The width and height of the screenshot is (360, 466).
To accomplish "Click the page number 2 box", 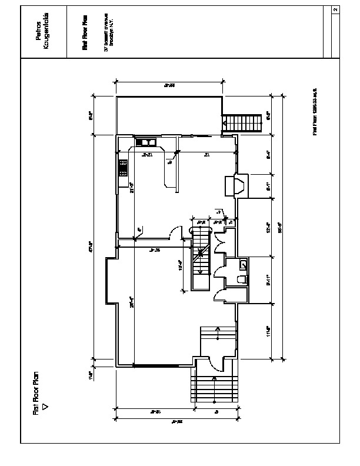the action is point(335,10).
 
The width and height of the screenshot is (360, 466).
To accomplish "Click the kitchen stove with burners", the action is point(124,168).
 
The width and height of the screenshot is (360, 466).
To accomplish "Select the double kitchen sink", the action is point(145,142).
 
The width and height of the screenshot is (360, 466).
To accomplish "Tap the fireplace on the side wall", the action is point(238,185).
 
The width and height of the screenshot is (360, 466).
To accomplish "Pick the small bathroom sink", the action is point(243,263).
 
